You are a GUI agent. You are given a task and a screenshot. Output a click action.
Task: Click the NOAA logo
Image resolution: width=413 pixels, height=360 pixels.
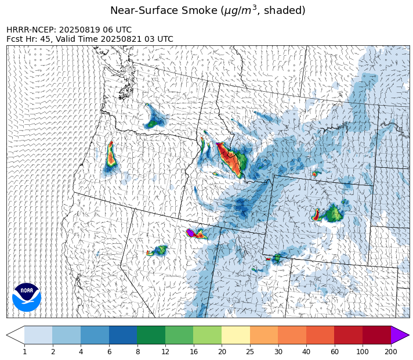(27, 296)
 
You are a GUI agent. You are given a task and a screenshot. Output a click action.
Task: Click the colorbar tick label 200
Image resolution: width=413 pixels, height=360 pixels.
(391, 352)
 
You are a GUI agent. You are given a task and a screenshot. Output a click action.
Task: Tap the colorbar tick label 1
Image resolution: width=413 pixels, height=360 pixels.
(24, 352)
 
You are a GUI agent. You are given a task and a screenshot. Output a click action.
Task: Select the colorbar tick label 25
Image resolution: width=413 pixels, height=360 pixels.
(250, 352)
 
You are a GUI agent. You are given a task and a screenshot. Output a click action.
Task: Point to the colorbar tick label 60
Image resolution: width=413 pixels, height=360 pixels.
(335, 352)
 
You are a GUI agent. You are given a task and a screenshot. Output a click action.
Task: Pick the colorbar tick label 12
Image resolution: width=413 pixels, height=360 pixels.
(165, 352)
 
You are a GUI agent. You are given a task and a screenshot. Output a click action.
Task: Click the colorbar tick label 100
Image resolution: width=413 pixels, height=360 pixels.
(363, 352)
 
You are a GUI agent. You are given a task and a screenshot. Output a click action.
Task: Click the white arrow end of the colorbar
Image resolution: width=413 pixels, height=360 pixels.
(16, 335)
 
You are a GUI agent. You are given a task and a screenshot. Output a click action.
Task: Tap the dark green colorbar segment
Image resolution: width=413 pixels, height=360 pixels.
(151, 335)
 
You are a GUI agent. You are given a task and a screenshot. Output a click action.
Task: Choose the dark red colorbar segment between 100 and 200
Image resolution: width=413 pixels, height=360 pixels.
(376, 335)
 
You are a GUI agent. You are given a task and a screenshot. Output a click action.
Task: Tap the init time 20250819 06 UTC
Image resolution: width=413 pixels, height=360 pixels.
(96, 30)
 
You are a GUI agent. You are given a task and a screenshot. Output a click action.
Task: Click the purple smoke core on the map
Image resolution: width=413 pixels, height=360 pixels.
(190, 233)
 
